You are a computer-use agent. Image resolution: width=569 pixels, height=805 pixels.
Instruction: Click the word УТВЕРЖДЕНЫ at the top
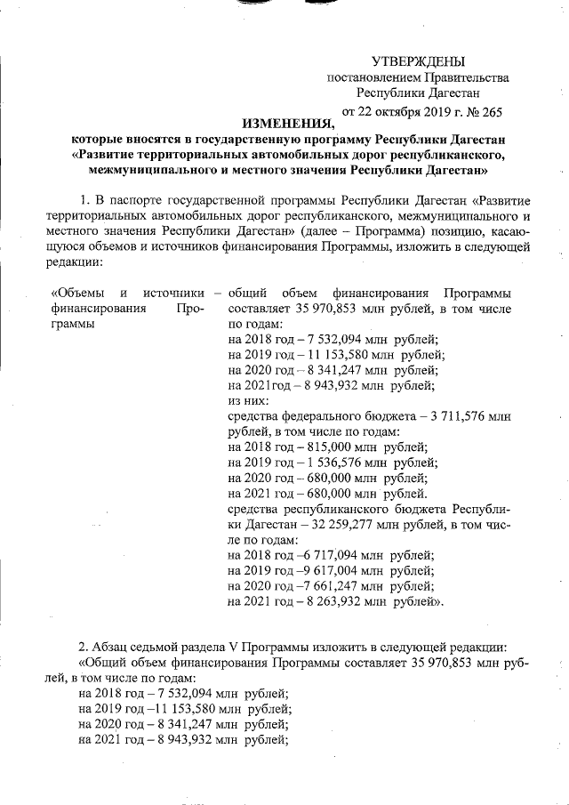418,60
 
